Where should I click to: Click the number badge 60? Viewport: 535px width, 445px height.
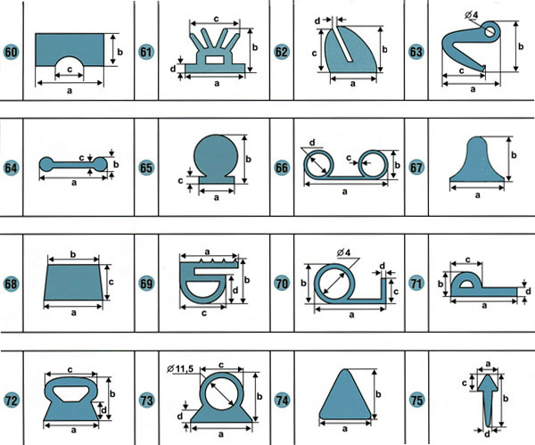[x=11, y=53]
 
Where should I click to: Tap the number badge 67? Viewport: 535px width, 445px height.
[x=416, y=168]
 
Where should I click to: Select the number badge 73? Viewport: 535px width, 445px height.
[x=146, y=400]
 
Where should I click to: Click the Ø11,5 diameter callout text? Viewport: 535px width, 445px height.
[x=180, y=368]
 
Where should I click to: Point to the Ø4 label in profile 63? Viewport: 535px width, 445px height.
[x=471, y=15]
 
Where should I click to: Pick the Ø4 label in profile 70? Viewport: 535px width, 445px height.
[x=343, y=253]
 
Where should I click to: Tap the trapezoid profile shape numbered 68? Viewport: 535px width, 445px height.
[x=73, y=282]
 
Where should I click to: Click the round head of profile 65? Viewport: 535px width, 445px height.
[x=216, y=155]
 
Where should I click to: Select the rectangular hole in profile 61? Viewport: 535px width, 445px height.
[x=214, y=60]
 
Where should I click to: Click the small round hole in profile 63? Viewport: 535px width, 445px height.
[x=490, y=32]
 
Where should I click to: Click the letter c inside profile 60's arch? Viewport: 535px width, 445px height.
[x=70, y=70]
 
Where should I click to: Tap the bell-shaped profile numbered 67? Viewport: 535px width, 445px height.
[x=477, y=160]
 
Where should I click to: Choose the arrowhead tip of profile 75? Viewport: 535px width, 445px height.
[x=488, y=375]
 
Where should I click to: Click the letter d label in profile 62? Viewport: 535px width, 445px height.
[x=317, y=21]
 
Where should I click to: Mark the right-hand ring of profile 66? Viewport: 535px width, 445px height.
[x=373, y=163]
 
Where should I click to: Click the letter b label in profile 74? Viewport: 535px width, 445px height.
[x=378, y=394]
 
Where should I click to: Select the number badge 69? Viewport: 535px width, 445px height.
[x=146, y=284]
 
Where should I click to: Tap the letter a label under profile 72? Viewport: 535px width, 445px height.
[x=73, y=430]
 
